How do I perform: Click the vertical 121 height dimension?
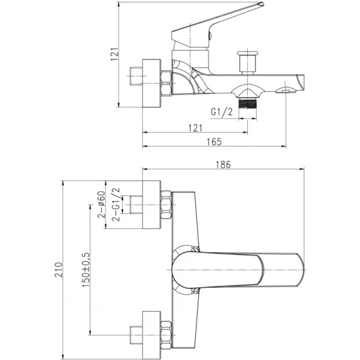[x=115, y=54]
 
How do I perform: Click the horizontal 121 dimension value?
[x=195, y=128]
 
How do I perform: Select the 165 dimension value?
[x=214, y=142]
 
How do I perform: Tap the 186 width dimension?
[x=223, y=165]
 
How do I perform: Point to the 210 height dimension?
[x=58, y=269]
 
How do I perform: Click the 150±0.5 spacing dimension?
[x=86, y=270]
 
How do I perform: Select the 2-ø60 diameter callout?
[x=101, y=204]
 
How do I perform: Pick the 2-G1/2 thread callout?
[x=116, y=204]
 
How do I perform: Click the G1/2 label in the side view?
[x=222, y=112]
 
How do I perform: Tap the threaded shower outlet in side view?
[x=247, y=103]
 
